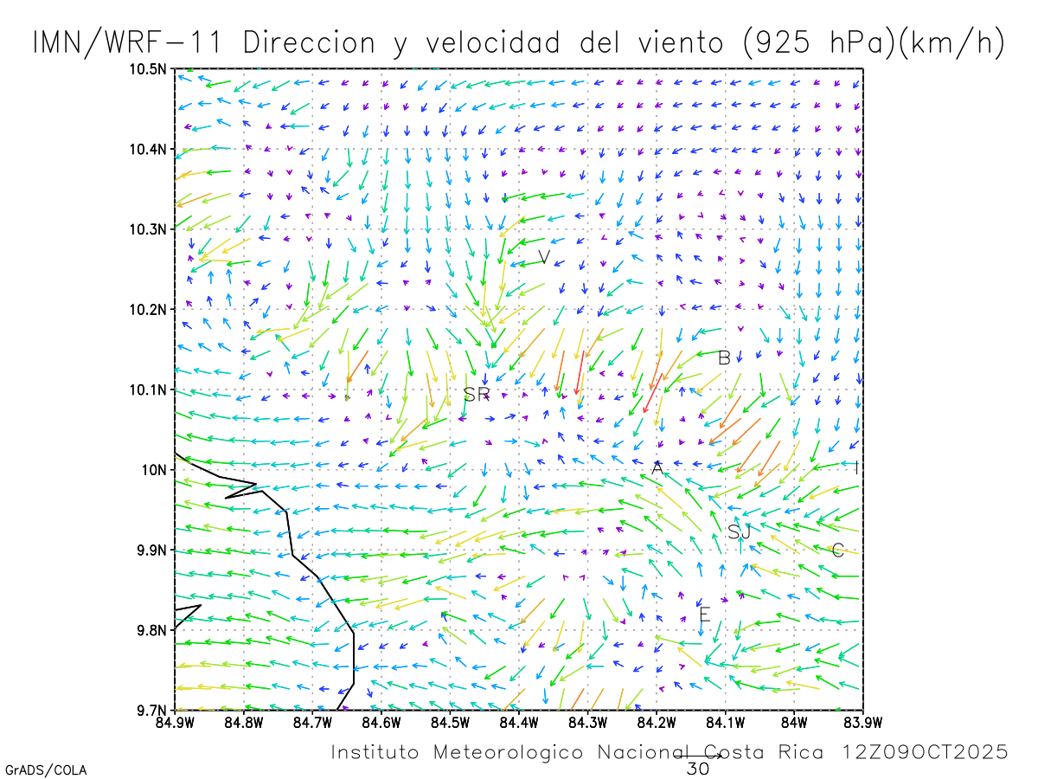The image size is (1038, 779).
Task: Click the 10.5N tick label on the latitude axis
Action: click(x=149, y=69)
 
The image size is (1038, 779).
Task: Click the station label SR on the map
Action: click(x=477, y=395)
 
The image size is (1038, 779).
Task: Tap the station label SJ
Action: click(x=739, y=532)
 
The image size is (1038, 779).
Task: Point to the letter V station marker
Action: click(x=544, y=257)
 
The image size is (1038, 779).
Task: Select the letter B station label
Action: click(x=725, y=357)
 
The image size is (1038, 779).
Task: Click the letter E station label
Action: click(x=704, y=615)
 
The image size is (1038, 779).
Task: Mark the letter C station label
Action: click(x=837, y=550)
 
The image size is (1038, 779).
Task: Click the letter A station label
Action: click(x=657, y=468)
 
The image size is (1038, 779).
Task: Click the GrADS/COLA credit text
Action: click(x=46, y=769)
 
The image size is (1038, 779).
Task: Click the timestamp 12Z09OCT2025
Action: click(x=926, y=752)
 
